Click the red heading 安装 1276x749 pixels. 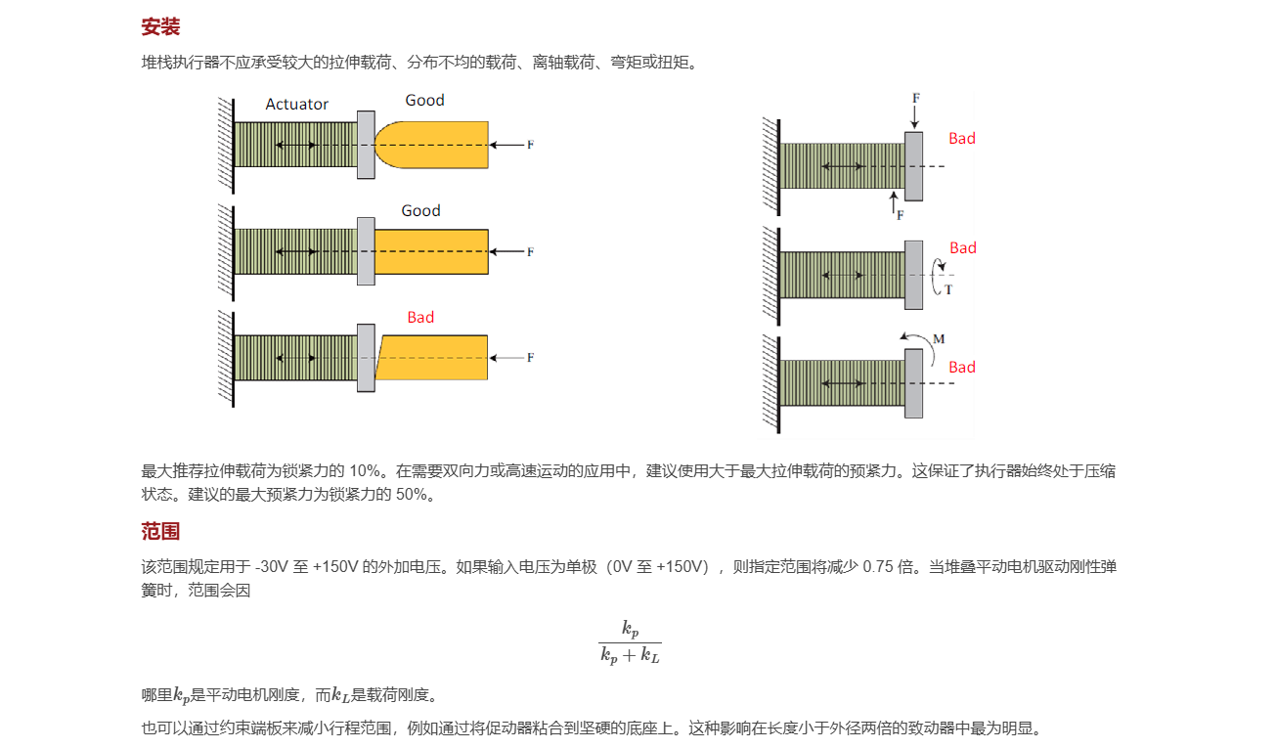(x=160, y=26)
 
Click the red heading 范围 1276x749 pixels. (x=160, y=531)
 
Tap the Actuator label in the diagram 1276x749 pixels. (x=297, y=105)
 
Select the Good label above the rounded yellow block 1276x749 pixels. (x=424, y=101)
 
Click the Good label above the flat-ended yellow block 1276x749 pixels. (x=420, y=211)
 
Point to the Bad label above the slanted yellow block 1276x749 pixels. (x=420, y=317)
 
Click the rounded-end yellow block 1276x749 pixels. (x=431, y=145)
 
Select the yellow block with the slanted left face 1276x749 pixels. (x=431, y=358)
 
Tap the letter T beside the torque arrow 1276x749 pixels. (x=948, y=289)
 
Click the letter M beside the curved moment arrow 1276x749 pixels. (x=939, y=339)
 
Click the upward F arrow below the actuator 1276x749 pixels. (x=894, y=202)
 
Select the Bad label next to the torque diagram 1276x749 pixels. (x=963, y=248)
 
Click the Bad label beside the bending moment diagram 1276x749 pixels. (x=961, y=368)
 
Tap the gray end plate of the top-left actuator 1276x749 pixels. (x=366, y=145)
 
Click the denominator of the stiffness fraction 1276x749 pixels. (x=630, y=655)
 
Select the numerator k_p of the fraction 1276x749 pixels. (x=630, y=629)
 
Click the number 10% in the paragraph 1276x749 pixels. (x=364, y=471)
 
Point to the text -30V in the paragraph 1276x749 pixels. (x=272, y=567)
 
